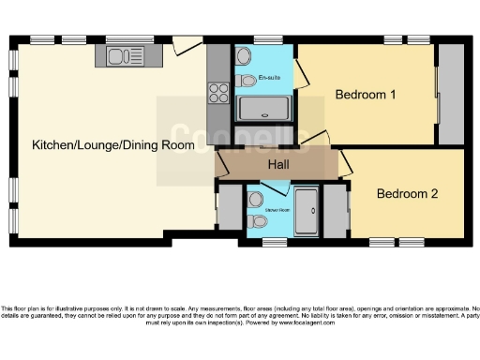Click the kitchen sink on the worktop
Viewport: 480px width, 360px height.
click(123, 56)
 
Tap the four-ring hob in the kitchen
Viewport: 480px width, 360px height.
click(218, 93)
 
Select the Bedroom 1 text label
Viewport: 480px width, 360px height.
click(366, 96)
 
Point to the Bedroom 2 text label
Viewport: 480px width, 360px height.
click(407, 194)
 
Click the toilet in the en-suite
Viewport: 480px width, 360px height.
click(247, 82)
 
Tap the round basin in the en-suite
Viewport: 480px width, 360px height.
click(244, 56)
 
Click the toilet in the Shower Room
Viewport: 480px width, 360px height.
click(257, 221)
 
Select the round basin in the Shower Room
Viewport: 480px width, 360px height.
click(256, 199)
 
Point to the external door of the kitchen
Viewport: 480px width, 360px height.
click(186, 44)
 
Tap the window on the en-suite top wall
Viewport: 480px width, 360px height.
click(266, 39)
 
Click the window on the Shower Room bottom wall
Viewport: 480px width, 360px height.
click(274, 242)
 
